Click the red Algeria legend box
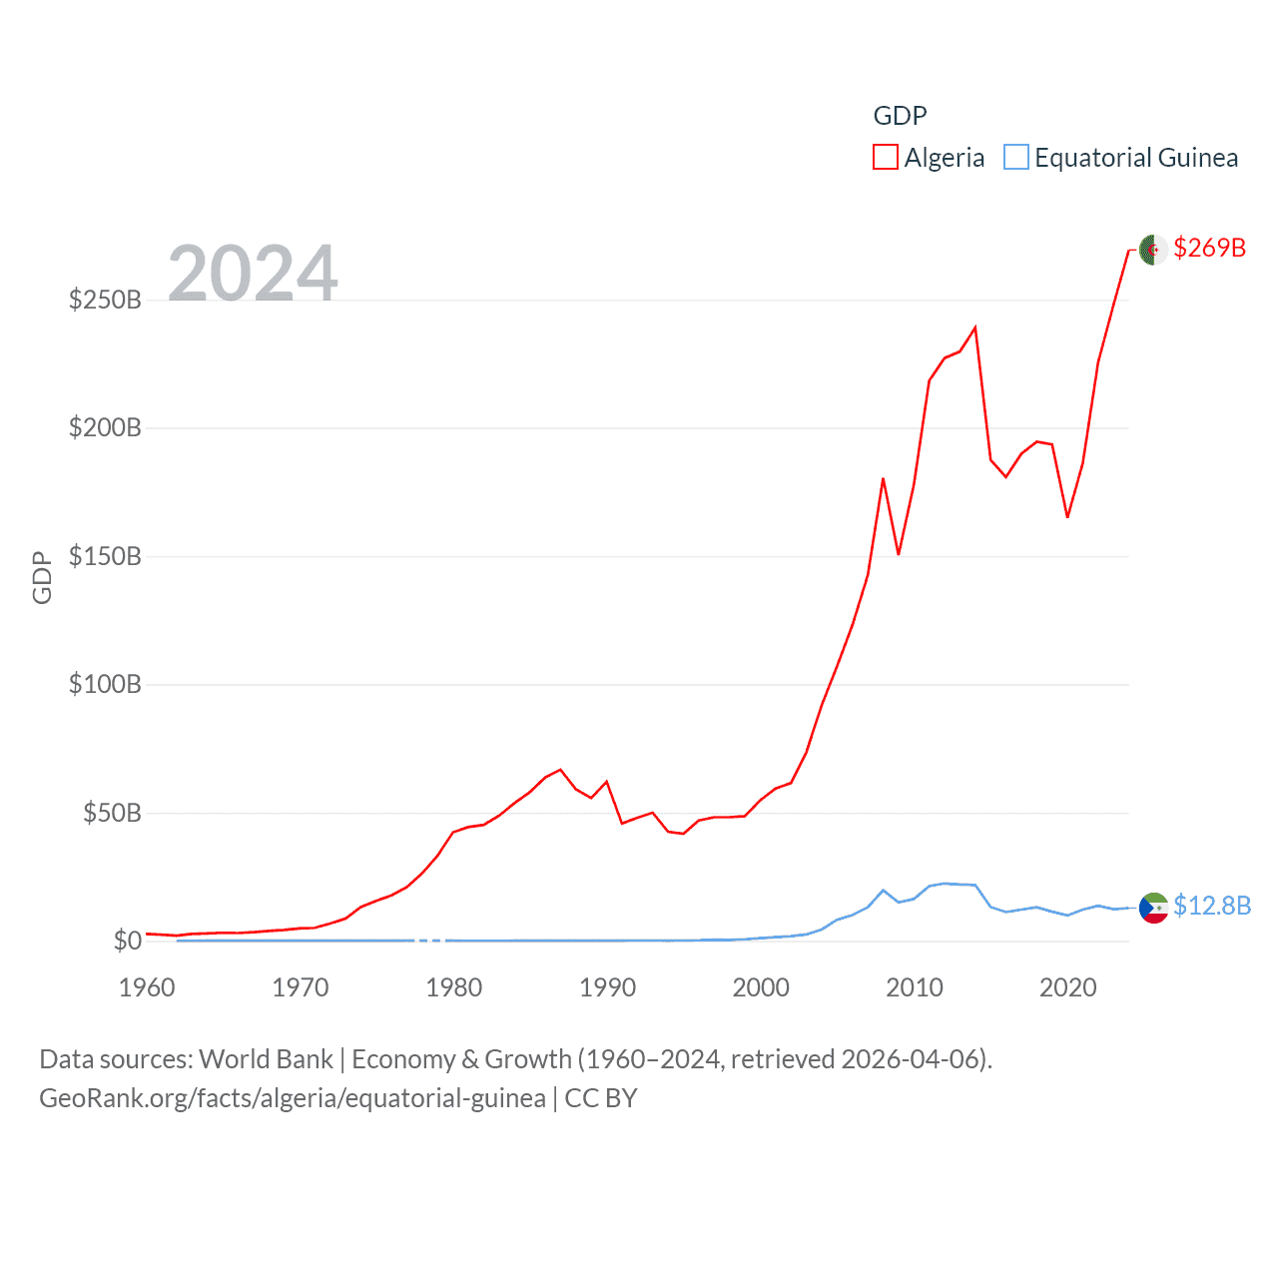[886, 158]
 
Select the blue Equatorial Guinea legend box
[1016, 158]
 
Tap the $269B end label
[1209, 248]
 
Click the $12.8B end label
[1212, 906]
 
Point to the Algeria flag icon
[1153, 250]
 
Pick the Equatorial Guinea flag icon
[1153, 908]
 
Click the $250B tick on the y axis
[105, 300]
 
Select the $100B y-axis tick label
[105, 684]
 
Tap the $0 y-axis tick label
[127, 941]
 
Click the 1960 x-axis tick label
[147, 987]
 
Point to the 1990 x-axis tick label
[607, 987]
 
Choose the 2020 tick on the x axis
[1067, 987]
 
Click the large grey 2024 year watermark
[253, 273]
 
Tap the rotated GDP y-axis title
[42, 577]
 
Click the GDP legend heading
[900, 116]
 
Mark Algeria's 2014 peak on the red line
[974, 327]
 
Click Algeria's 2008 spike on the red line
[883, 479]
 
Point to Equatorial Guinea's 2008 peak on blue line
[883, 890]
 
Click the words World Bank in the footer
[266, 1058]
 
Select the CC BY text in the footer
[600, 1098]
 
